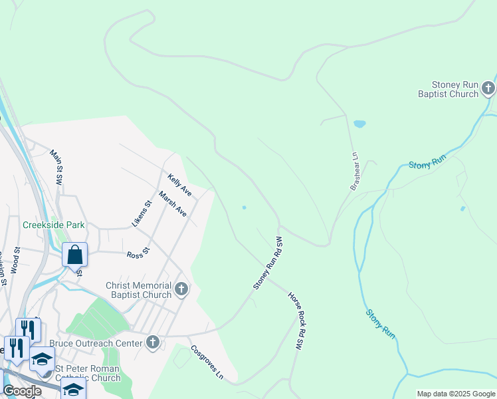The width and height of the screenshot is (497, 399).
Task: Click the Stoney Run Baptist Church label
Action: click(x=455, y=90)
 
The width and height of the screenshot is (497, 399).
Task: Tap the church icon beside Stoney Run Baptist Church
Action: click(x=488, y=88)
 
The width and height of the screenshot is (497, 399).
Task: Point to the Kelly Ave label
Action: click(x=179, y=186)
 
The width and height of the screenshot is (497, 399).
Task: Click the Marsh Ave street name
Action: click(x=173, y=203)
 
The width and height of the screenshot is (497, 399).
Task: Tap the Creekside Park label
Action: click(x=54, y=225)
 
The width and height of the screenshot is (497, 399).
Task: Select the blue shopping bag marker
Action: click(x=75, y=255)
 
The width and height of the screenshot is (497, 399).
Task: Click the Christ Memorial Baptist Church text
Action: click(x=139, y=291)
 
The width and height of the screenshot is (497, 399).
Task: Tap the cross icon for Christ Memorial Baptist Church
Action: click(x=181, y=290)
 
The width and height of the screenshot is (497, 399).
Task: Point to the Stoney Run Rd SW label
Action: click(x=268, y=263)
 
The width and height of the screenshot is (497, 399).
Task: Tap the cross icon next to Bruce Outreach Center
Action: click(x=153, y=342)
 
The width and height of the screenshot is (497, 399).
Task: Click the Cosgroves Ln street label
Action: click(x=207, y=362)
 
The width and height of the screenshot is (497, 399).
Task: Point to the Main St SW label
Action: click(x=56, y=167)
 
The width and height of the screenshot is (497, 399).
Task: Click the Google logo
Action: click(x=21, y=391)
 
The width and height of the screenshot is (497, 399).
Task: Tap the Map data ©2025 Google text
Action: click(x=455, y=394)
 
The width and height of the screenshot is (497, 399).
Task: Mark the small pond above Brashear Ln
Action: click(x=359, y=124)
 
